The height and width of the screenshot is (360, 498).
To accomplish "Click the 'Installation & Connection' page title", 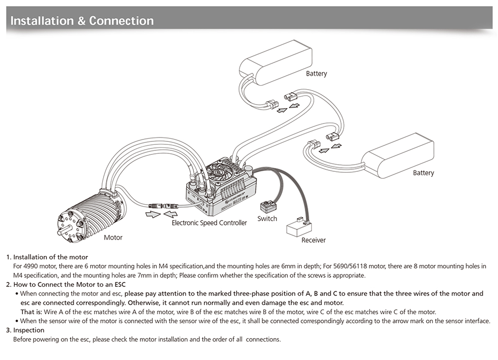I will pyautogui.click(x=82, y=21).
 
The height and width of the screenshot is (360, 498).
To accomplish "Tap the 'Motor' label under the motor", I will pyautogui.click(x=113, y=238).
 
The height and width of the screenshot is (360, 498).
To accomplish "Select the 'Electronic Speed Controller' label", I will pyautogui.click(x=209, y=223).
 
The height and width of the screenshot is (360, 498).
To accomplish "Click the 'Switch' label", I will pyautogui.click(x=267, y=219).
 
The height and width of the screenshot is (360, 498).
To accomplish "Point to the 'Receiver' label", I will pyautogui.click(x=314, y=240).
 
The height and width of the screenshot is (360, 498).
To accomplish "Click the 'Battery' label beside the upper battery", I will pyautogui.click(x=317, y=74).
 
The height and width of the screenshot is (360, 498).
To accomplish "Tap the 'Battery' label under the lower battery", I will pyautogui.click(x=423, y=173).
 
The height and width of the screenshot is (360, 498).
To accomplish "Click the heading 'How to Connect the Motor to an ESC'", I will pyautogui.click(x=69, y=284).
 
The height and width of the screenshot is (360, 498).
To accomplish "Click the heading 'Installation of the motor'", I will pyautogui.click(x=50, y=257).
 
